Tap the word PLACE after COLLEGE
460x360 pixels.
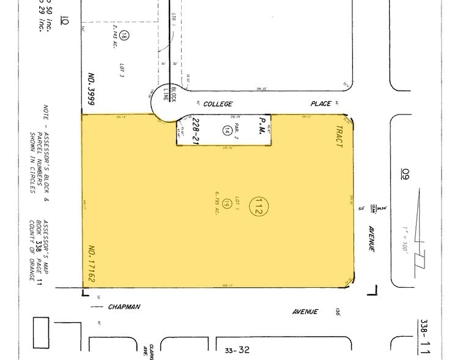click(320, 104)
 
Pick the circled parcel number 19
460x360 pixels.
click(226, 203)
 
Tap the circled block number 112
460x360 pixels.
click(257, 207)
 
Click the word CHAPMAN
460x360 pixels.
click(125, 307)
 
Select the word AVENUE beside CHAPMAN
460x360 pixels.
click(305, 311)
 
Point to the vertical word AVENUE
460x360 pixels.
click(371, 239)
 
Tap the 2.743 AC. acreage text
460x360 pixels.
click(114, 37)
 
